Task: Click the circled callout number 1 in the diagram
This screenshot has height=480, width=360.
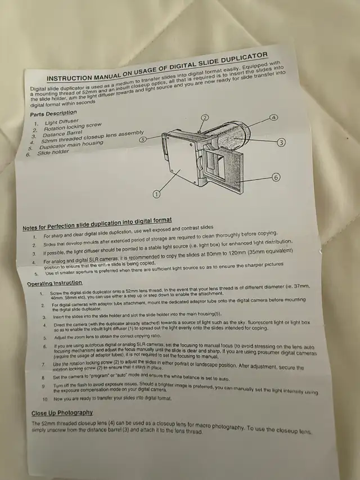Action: pyautogui.click(x=156, y=194)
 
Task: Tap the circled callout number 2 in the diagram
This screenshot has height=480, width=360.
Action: pyautogui.click(x=205, y=117)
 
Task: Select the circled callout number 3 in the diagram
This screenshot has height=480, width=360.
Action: pyautogui.click(x=281, y=142)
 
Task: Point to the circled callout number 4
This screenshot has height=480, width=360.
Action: pyautogui.click(x=274, y=118)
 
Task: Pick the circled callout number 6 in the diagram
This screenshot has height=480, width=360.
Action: pyautogui.click(x=276, y=177)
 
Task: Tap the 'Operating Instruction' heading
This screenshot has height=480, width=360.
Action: pyautogui.click(x=55, y=283)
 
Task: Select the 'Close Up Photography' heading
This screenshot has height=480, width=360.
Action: pyautogui.click(x=62, y=413)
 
